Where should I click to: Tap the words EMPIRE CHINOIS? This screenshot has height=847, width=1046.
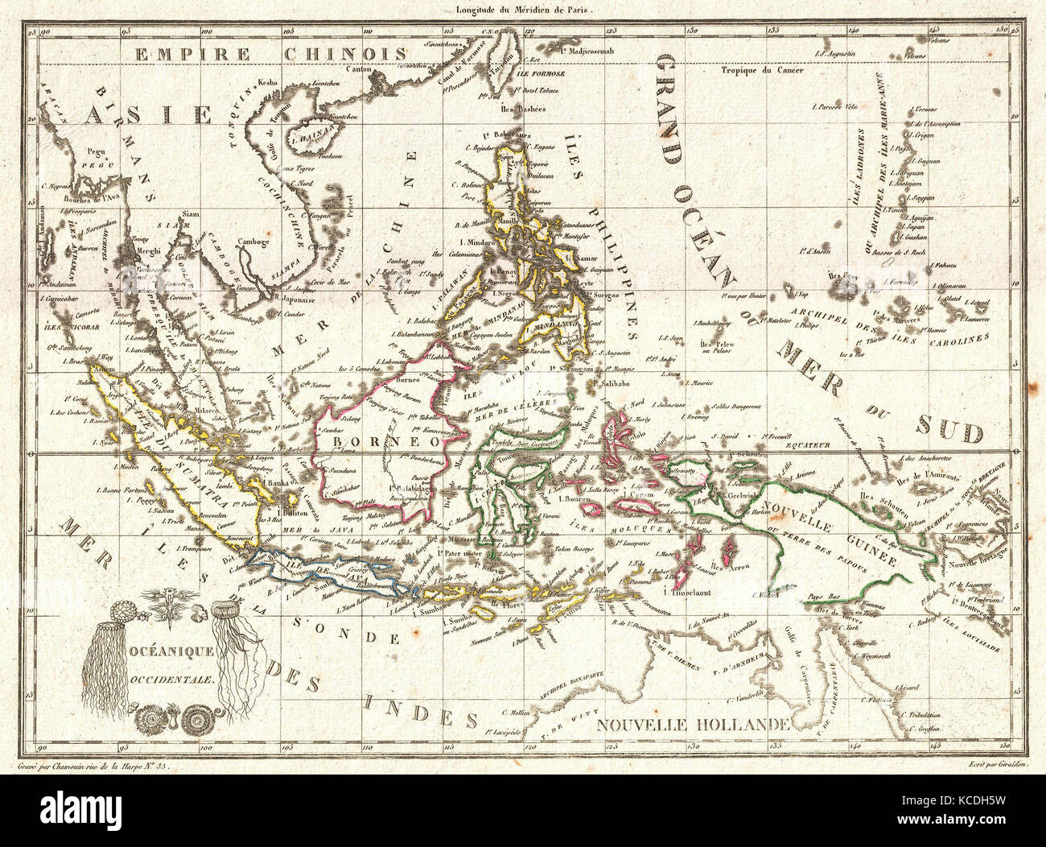[270, 54]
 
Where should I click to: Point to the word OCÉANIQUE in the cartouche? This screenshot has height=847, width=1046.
[170, 649]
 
